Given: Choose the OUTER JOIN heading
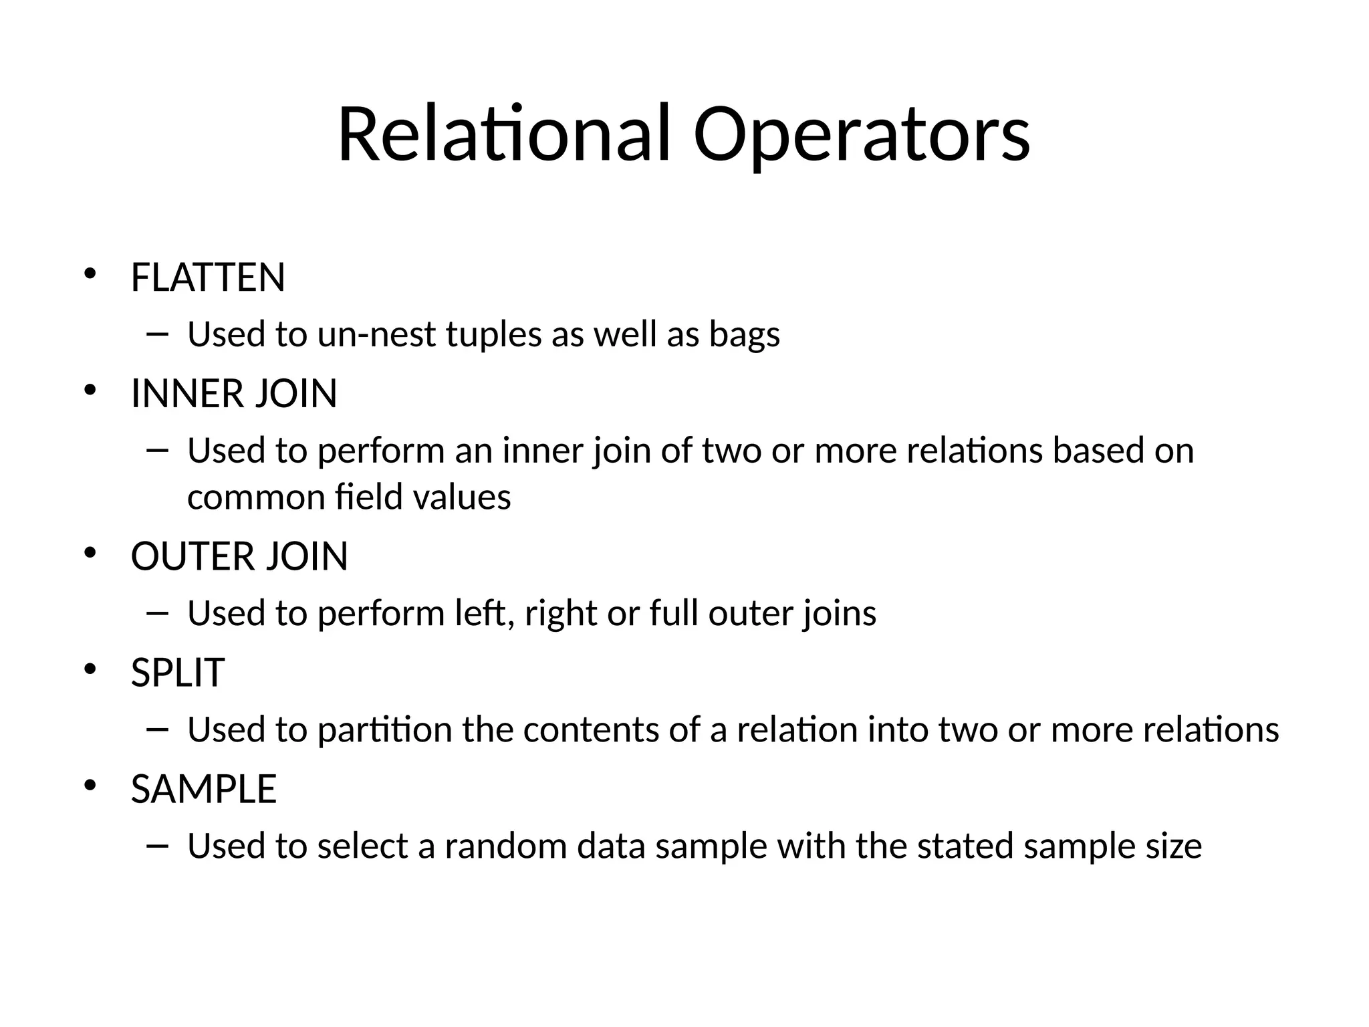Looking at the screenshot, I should pyautogui.click(x=239, y=556).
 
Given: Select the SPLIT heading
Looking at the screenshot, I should pyautogui.click(x=177, y=673).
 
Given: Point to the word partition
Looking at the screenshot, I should pyautogui.click(x=384, y=729).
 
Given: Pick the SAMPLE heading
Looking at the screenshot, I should pyautogui.click(x=203, y=789).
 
